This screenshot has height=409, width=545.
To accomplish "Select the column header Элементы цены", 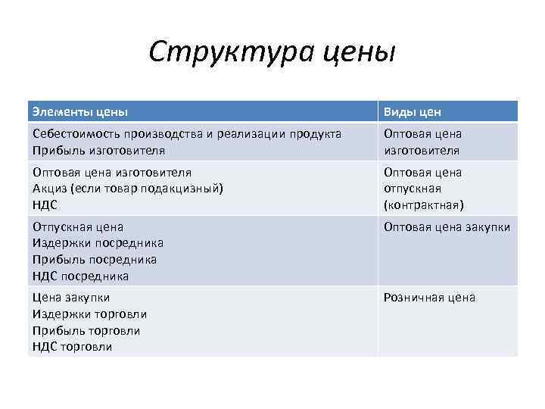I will [x=79, y=112].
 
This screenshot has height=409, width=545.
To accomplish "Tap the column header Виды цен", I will [x=412, y=112].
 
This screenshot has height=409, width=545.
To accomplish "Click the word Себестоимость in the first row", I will [x=76, y=134].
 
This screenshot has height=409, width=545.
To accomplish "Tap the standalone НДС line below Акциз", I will [x=45, y=204].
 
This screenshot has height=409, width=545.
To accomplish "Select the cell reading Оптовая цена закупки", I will [x=447, y=227].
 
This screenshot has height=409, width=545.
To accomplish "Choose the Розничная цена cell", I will [x=429, y=298].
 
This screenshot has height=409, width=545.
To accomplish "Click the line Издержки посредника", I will [x=98, y=243].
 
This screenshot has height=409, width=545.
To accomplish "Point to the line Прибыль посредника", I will [x=95, y=260].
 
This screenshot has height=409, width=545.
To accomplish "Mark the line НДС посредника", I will [x=80, y=276].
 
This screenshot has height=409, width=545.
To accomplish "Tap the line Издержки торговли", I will [x=89, y=314].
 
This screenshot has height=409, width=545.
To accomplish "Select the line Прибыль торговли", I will [x=86, y=330].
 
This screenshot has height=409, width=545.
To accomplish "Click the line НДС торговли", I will [x=72, y=347].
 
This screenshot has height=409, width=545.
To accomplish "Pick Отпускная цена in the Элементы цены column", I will [x=77, y=226].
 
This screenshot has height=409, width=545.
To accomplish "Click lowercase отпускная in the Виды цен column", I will [x=413, y=189].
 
